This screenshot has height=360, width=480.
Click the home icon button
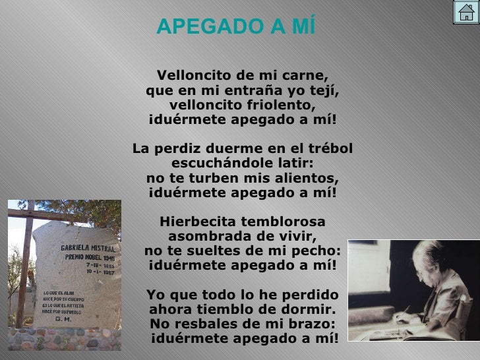464,12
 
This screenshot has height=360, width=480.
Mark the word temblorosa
288,220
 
